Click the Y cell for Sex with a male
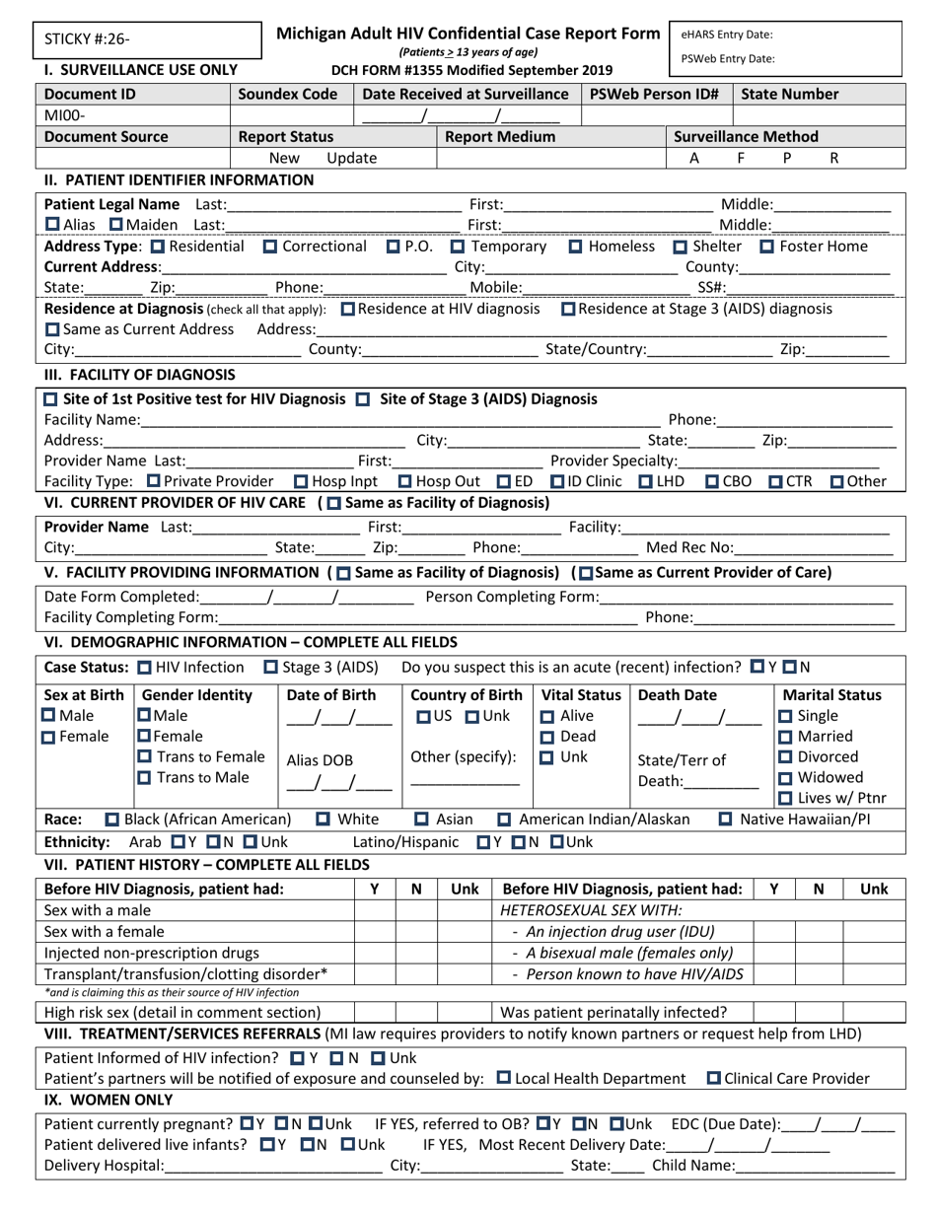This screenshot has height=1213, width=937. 374,909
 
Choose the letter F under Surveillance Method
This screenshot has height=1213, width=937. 741,158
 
